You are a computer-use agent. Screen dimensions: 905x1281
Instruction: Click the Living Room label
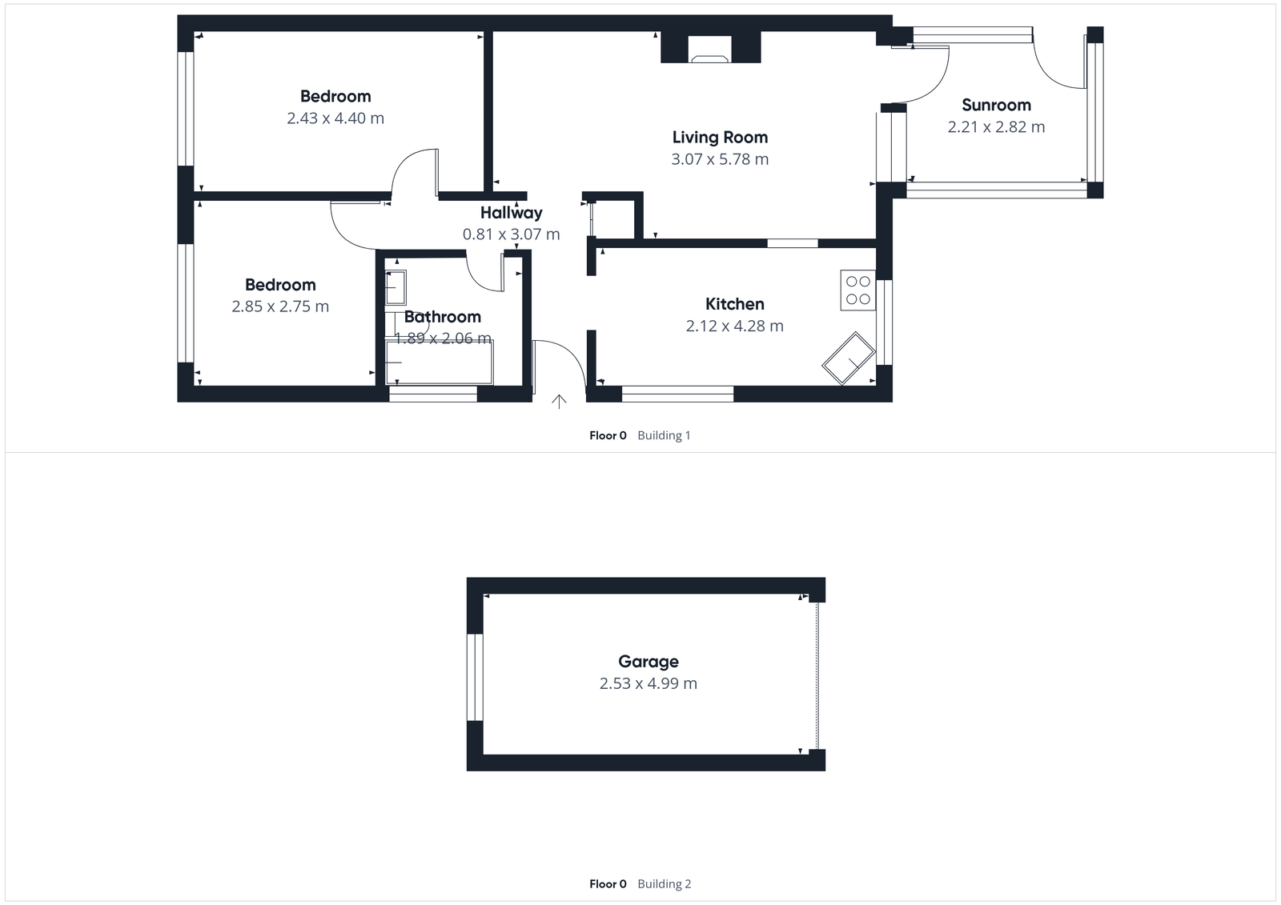point(720,138)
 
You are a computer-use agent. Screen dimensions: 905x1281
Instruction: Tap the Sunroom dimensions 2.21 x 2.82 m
point(996,127)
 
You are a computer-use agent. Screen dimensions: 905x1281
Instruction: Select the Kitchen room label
point(734,304)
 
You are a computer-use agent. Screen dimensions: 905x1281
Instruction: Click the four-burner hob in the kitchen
point(857,290)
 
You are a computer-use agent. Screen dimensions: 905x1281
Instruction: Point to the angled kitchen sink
point(849,358)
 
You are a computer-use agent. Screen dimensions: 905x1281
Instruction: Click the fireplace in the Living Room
point(710,53)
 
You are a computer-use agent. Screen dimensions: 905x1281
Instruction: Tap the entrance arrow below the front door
point(559,402)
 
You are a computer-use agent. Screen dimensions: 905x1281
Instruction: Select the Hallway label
point(511,213)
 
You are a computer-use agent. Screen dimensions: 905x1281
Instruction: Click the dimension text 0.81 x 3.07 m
point(511,234)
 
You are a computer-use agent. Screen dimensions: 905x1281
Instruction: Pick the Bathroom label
point(442,317)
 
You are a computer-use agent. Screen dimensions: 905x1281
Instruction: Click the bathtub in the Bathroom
point(440,362)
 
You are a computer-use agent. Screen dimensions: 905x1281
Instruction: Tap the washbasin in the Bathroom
point(396,287)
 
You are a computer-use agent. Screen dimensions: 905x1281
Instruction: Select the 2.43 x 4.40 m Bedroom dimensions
point(335,118)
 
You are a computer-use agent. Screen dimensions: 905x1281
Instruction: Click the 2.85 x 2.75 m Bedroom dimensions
point(280,306)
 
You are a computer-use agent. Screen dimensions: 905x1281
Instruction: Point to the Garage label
point(648,662)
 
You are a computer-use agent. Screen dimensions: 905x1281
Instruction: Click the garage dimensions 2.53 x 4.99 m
point(648,684)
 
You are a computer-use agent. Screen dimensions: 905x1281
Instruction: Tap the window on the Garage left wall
point(475,677)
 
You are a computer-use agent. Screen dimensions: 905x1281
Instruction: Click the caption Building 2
point(664,884)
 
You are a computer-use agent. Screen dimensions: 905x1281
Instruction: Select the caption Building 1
point(664,435)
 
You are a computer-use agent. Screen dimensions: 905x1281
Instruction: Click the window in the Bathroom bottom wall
point(433,394)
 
